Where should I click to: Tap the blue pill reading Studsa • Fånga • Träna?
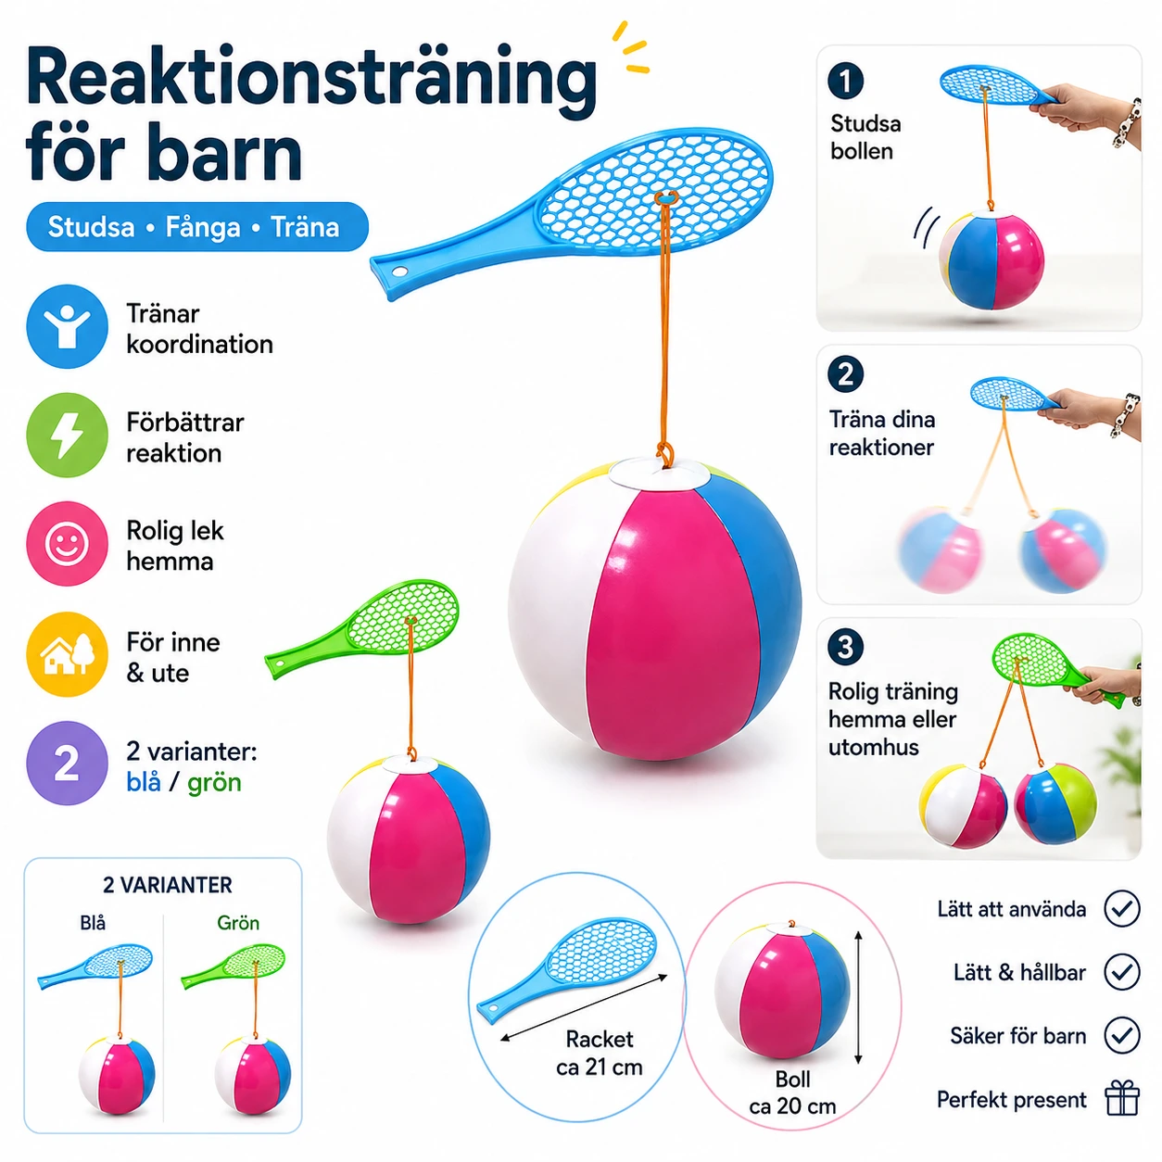click(x=197, y=227)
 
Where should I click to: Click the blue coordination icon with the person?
click(x=67, y=326)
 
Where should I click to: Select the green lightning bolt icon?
click(x=67, y=435)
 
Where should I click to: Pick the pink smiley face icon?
click(x=67, y=543)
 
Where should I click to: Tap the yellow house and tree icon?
click(x=67, y=654)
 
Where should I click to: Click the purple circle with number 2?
click(x=67, y=764)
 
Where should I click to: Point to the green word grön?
click(x=214, y=784)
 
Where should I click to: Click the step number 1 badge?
click(x=845, y=81)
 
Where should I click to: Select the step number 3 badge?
click(x=845, y=647)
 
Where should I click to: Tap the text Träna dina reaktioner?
click(x=881, y=433)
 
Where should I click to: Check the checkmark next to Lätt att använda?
click(x=1122, y=908)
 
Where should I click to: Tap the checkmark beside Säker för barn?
click(x=1122, y=1035)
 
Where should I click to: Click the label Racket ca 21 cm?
click(x=600, y=1053)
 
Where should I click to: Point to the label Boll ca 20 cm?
click(x=792, y=1093)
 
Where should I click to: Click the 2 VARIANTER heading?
click(x=167, y=885)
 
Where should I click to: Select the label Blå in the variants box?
click(x=93, y=923)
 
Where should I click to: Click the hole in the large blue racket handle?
click(x=398, y=272)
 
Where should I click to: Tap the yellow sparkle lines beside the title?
click(x=631, y=48)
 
